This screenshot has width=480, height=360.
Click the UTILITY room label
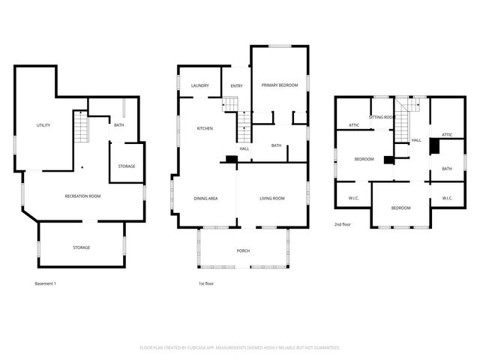43,125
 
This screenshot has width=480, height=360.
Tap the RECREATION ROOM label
82,196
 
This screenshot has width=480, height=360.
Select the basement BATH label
118,125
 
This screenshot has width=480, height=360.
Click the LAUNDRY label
199,86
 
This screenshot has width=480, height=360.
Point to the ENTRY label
236,86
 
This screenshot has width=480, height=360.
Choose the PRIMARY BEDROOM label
279,85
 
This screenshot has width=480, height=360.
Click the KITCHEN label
205,128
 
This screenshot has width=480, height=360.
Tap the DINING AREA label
206,198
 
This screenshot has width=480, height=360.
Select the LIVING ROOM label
272,198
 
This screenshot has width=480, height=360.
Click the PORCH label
243,250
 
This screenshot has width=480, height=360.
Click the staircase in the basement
80,128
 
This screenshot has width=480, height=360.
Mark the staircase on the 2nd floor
405,120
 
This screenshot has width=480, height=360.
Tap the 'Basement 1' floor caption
46,283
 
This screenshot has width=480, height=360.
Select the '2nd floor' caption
343,224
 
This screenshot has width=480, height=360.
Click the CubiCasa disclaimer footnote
240,348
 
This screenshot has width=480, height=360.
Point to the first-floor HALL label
244,148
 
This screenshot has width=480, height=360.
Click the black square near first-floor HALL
231,160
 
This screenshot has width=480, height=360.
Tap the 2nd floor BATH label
447,169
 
